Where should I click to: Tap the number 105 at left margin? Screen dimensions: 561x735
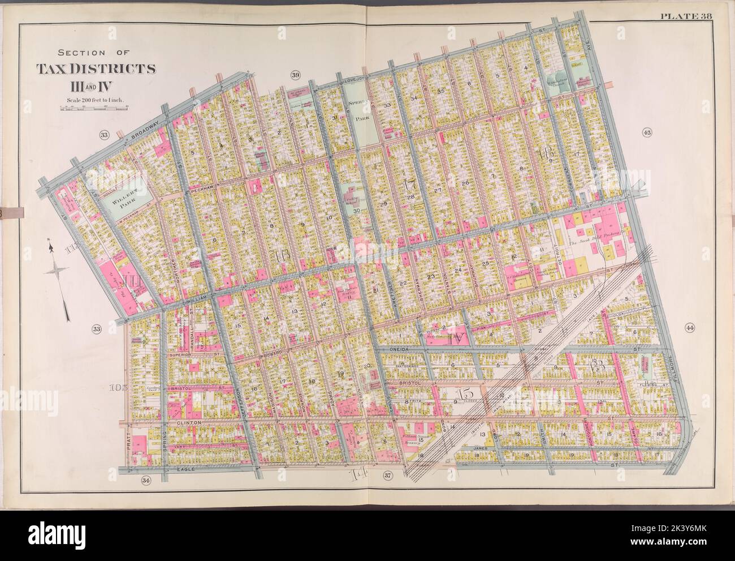tap(117, 388)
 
